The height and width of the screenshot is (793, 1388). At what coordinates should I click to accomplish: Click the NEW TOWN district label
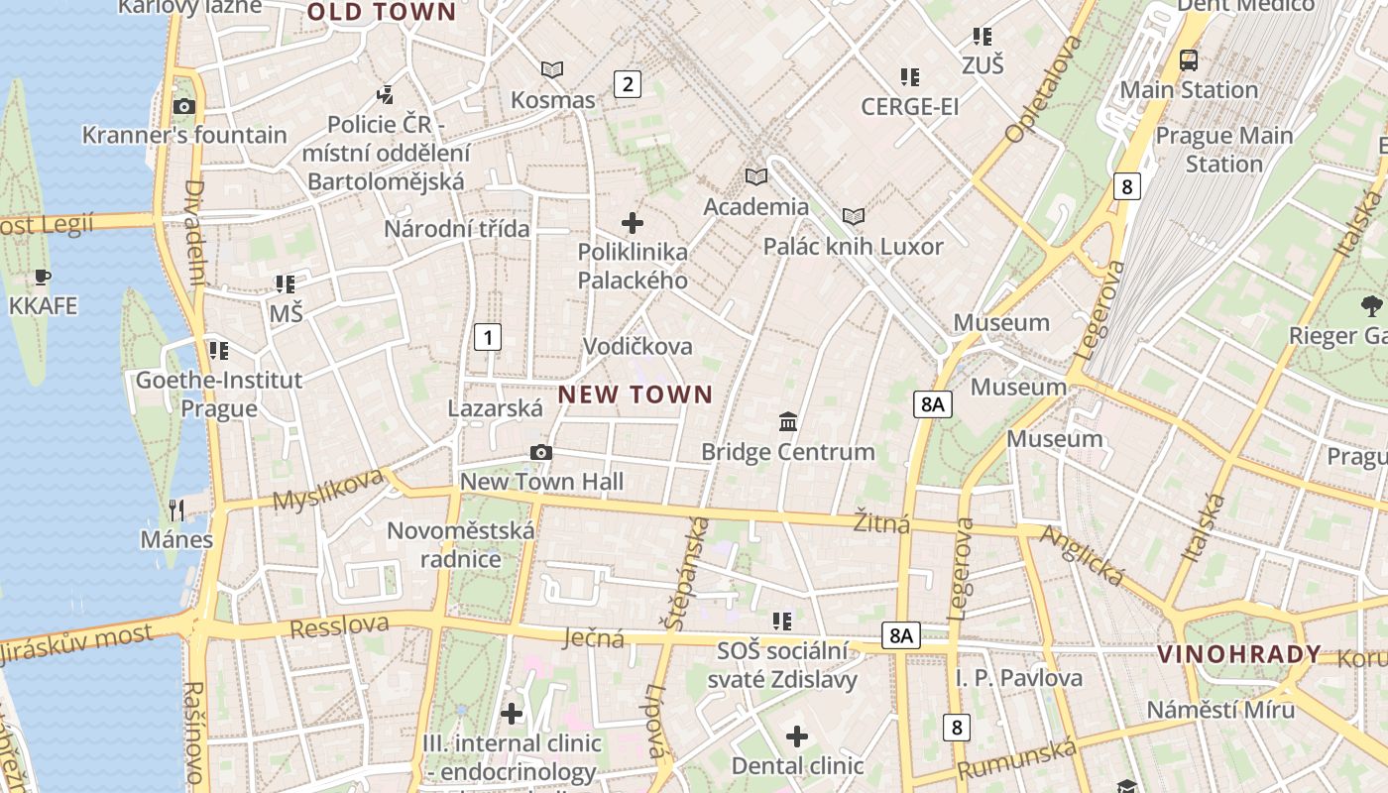coord(636,395)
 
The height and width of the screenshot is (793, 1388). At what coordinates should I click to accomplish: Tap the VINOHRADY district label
coord(1239,654)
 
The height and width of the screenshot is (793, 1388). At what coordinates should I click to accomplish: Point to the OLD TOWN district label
coord(382,12)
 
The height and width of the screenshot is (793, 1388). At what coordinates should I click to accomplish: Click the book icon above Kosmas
coord(552,69)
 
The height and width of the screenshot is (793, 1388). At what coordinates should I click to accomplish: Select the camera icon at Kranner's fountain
coord(183,106)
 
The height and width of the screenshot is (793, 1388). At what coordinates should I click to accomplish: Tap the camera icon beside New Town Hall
coord(540,452)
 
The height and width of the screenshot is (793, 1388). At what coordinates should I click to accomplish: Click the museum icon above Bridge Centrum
coord(788,422)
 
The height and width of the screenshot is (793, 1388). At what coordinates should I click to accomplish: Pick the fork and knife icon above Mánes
coord(176,510)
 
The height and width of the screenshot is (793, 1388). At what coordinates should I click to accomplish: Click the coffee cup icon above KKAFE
coord(42,277)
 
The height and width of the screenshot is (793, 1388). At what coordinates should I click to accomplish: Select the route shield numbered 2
coord(627,84)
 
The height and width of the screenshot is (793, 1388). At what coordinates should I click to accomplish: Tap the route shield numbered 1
coord(487,337)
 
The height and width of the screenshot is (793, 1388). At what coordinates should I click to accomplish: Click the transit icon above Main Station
coord(1188,60)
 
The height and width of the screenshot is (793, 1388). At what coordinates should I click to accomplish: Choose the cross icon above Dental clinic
coord(797,736)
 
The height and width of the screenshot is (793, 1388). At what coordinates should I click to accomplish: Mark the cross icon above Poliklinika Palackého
coord(632,223)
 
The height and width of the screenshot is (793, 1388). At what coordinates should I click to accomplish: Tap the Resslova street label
coord(339,625)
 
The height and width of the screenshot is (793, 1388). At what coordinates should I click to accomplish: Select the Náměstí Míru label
coord(1220,710)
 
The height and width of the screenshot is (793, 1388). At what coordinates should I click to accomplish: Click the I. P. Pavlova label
coord(1019,678)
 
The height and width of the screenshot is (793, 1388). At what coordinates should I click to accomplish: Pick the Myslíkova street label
coord(328,489)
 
